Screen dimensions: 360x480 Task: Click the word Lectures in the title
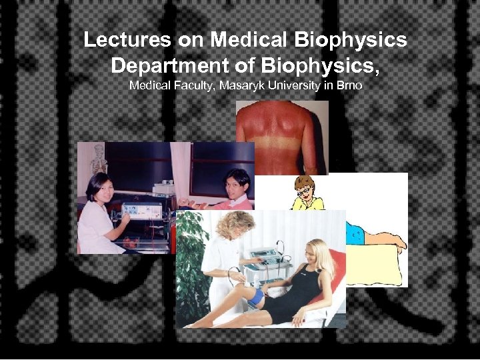coord(127,40)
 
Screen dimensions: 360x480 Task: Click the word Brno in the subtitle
coord(348,86)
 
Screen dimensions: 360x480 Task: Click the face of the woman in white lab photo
coord(99,187)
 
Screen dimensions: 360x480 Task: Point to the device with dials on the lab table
coord(141,211)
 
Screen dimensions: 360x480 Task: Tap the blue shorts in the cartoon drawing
coord(355,233)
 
